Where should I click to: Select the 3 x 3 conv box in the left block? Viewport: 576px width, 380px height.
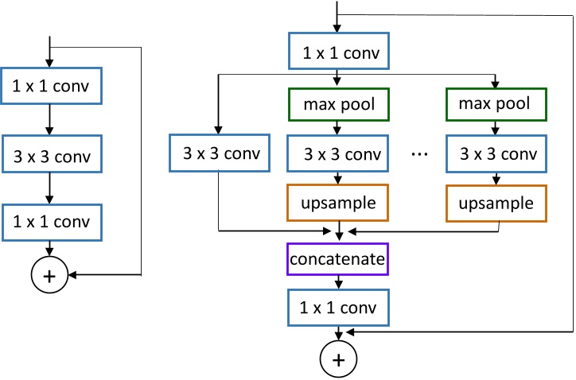51,155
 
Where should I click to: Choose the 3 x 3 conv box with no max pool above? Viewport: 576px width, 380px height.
218,153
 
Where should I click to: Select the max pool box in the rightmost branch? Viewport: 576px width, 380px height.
497,103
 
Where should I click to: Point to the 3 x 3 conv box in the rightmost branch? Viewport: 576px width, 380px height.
497,153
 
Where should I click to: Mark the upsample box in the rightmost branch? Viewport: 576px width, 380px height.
497,204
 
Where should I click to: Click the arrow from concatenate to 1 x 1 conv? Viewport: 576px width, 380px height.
340,282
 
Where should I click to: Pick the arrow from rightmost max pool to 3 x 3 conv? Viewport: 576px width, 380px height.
497,127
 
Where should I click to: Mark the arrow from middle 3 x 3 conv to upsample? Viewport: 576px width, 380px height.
340,178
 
